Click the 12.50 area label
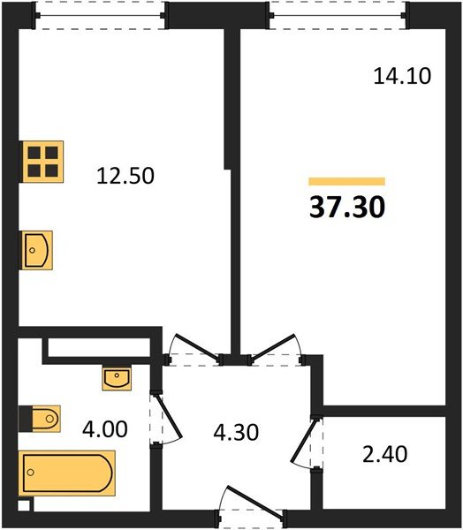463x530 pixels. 125,176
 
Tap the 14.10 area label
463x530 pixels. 402,76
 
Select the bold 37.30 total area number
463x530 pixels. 347,207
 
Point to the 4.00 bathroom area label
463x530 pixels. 105,429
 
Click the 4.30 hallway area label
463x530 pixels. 236,432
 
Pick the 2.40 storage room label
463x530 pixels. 385,454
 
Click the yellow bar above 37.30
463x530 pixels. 346,181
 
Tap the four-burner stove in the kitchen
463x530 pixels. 43,162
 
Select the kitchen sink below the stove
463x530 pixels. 37,250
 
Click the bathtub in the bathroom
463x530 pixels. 67,473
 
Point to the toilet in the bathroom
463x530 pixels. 46,419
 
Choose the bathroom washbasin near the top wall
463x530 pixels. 117,378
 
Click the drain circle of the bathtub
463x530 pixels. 31,473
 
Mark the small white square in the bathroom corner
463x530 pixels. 24,506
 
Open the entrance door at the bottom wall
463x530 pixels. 256,500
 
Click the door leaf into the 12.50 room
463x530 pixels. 196,346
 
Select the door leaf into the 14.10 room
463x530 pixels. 274,345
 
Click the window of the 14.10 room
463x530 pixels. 338,15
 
